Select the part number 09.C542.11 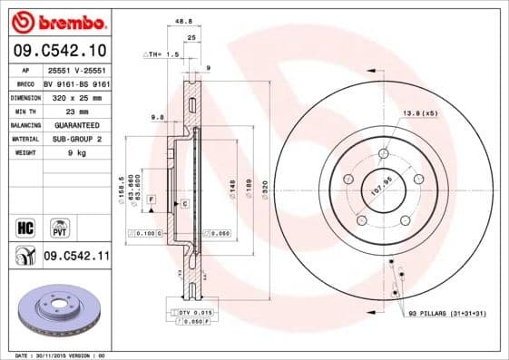76,258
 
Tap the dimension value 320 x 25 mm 75,95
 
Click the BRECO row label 26,82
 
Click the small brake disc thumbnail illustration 56,312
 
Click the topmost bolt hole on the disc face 385,153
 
